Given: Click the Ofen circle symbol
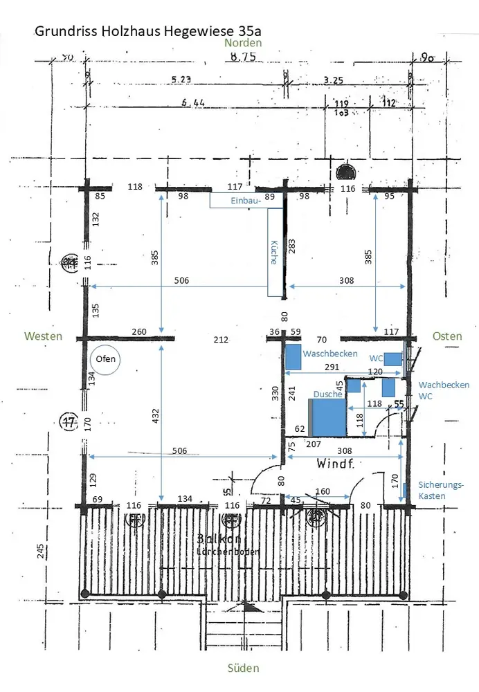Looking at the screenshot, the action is coord(106,359).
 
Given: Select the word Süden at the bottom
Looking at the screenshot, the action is coord(243,668).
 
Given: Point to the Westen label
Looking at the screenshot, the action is coord(43,336).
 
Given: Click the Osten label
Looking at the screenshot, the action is coord(446,336).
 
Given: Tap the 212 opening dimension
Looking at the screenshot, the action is coord(221,340).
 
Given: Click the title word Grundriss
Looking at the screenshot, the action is coord(61,31).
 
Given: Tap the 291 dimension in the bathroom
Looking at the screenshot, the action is coord(332,367).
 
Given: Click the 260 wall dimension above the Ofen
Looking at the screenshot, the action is coord(139,331).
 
